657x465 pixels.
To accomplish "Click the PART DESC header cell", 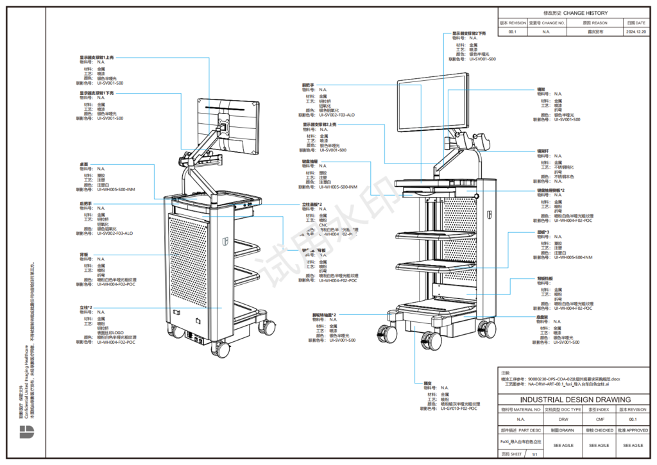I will coord(521,430).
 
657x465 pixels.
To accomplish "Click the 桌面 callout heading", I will coord(84,165).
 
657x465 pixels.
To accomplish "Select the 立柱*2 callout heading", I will coord(86,308).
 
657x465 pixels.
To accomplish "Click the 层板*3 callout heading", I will coord(543,232).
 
